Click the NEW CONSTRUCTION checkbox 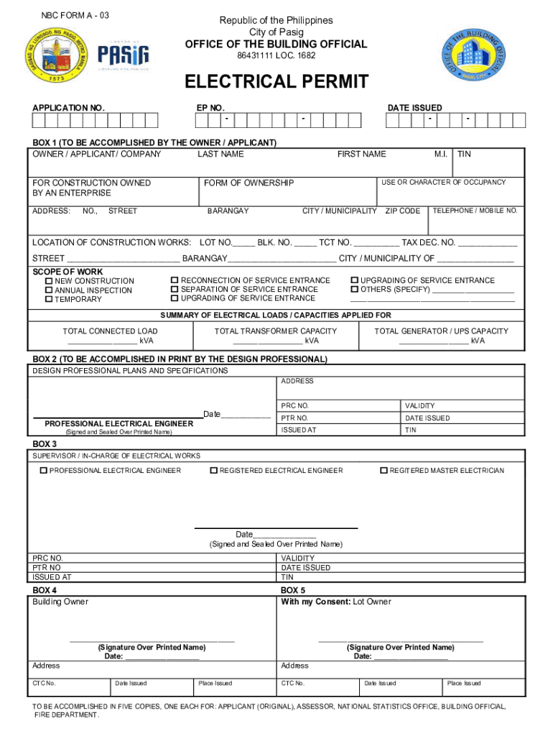click(49, 281)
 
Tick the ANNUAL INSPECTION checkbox click(49, 290)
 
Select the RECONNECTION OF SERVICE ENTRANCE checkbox click(175, 280)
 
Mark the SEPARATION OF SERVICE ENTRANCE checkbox click(175, 289)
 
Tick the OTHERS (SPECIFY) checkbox click(354, 289)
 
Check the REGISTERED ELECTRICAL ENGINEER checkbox click(213, 471)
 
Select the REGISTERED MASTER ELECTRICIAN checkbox click(384, 471)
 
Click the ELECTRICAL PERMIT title click(276, 82)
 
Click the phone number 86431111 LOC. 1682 click(276, 56)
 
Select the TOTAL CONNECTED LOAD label click(110, 331)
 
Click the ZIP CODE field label click(402, 211)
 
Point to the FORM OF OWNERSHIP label click(248, 183)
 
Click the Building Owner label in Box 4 click(60, 602)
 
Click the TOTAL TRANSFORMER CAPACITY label click(276, 331)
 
